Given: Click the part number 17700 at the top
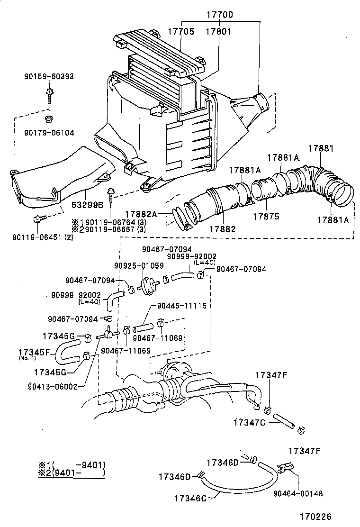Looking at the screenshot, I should click(x=219, y=15).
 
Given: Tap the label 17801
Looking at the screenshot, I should click(x=218, y=31).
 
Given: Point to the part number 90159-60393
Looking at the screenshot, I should click(x=49, y=76).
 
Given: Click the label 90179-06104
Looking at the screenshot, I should click(x=49, y=133).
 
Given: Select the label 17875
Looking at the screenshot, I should click(x=266, y=216).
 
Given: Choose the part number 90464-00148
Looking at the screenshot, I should click(x=298, y=493).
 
